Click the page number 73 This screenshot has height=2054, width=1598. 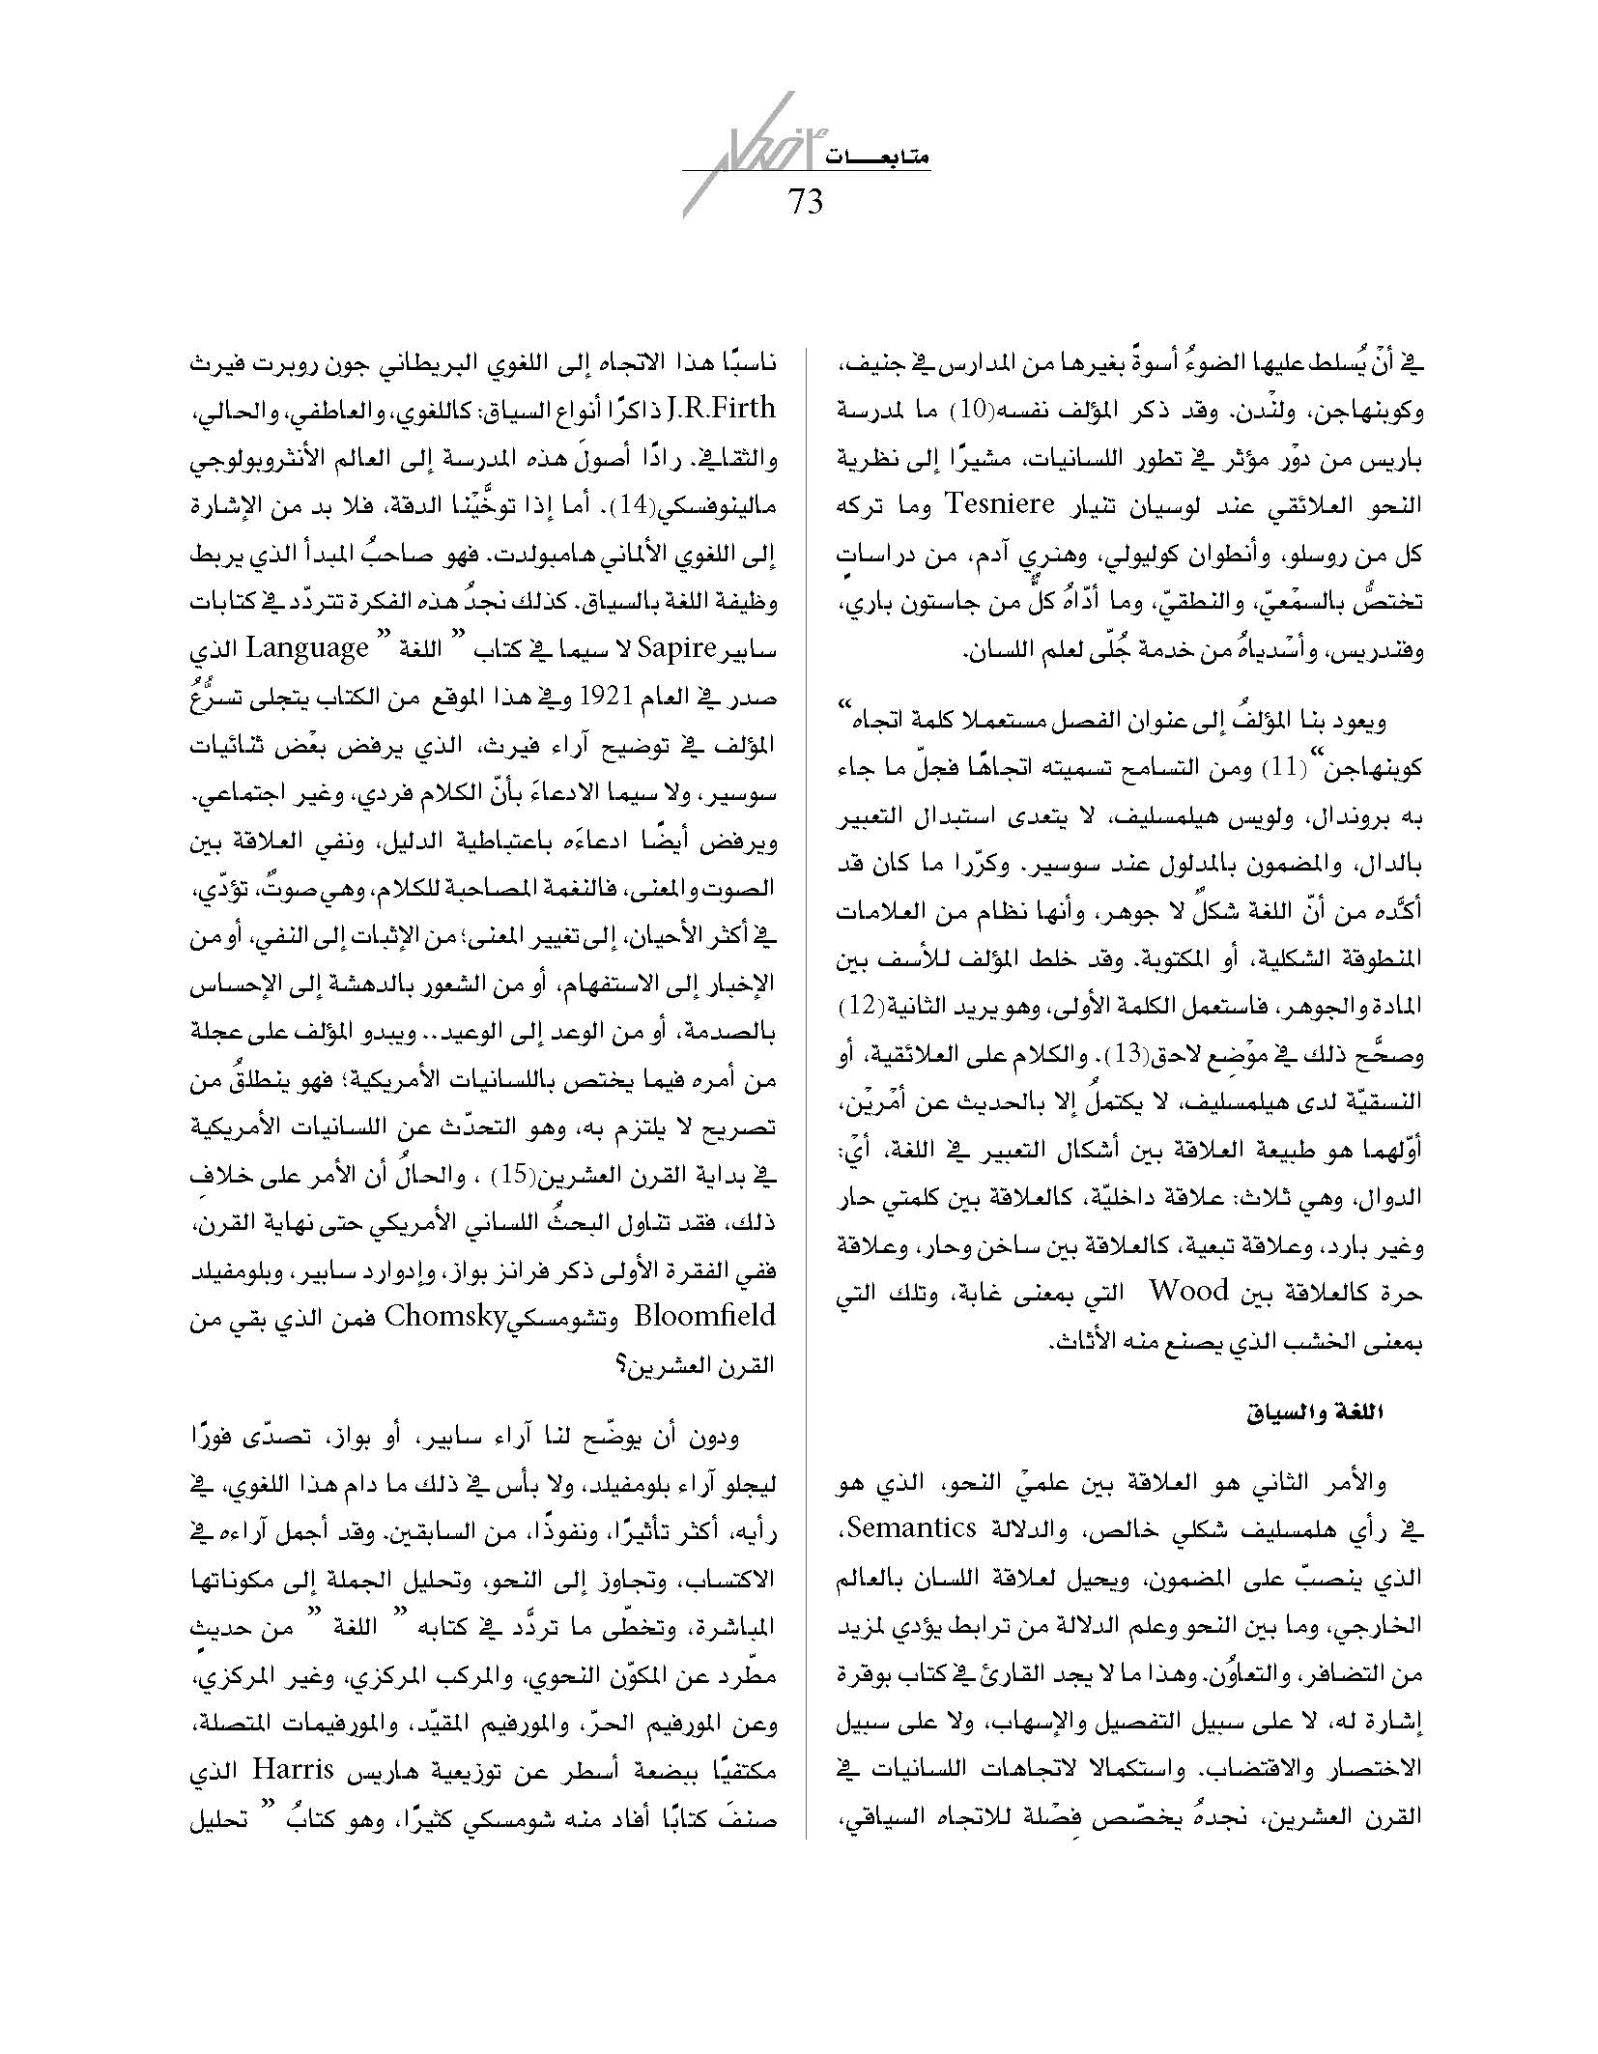point(806,202)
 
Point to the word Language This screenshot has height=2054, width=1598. point(307,646)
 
